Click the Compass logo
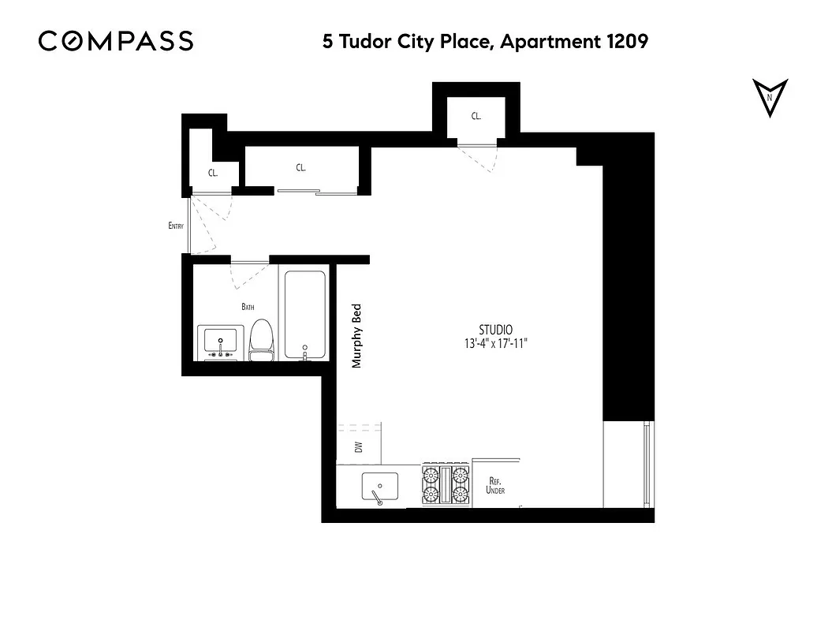(116, 41)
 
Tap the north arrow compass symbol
(769, 98)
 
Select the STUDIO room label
(496, 330)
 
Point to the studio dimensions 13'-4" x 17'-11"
(496, 344)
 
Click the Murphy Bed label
(356, 336)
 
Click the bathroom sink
(220, 342)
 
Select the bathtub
(304, 315)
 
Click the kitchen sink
(379, 486)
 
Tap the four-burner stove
(446, 484)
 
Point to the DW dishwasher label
(359, 447)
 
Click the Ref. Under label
(497, 486)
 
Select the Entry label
(176, 226)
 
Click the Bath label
(248, 307)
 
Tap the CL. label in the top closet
(476, 116)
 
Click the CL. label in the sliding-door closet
(300, 167)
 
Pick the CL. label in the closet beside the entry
(213, 172)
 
